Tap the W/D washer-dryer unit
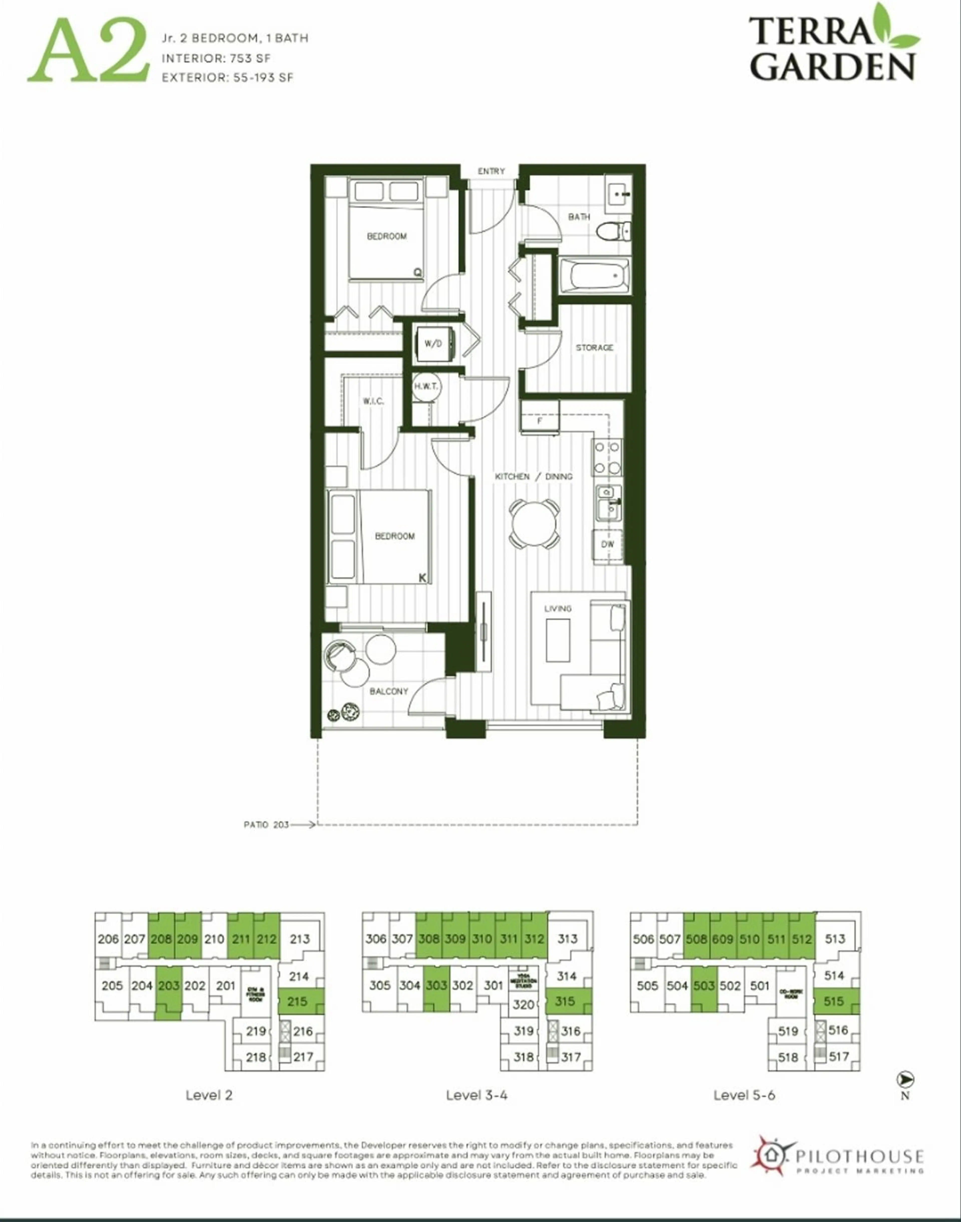point(433,344)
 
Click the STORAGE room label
point(594,348)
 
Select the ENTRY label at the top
point(491,171)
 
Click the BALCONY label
point(389,691)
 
